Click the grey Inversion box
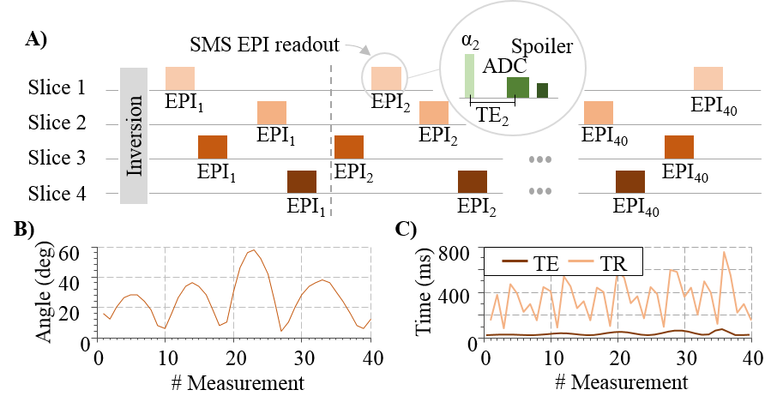click(x=135, y=136)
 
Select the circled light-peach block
click(x=386, y=78)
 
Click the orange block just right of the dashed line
click(x=349, y=147)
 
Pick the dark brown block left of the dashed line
click(x=302, y=182)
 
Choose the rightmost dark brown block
click(x=630, y=182)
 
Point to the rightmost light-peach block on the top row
click(x=708, y=78)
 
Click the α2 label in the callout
click(x=469, y=44)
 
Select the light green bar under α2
click(x=469, y=75)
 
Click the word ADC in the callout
click(x=505, y=66)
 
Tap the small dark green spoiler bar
click(x=542, y=90)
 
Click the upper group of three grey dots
click(x=539, y=159)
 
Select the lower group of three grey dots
click(x=539, y=191)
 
